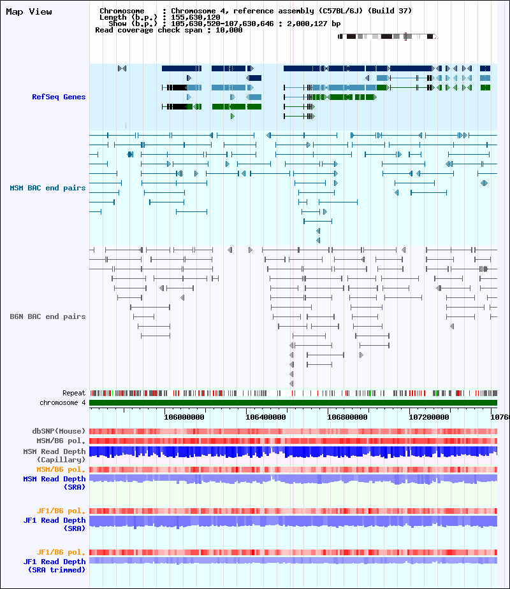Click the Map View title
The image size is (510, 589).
(29, 11)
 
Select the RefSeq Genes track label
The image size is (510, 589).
(59, 97)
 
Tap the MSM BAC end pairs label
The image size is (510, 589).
(48, 188)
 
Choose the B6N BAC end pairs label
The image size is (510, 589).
(48, 316)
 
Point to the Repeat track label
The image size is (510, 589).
(74, 393)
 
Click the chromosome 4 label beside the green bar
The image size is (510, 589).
(62, 402)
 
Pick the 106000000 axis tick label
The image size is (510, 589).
(184, 417)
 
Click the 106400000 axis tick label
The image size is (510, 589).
(266, 417)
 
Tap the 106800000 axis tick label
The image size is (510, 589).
(347, 417)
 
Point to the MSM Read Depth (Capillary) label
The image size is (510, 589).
(54, 455)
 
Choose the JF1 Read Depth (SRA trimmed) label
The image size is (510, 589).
(54, 565)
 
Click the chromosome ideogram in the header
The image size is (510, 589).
(387, 36)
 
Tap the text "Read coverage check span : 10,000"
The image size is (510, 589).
(168, 30)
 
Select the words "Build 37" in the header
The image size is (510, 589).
(390, 11)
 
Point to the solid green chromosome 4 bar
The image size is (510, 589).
(293, 402)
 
